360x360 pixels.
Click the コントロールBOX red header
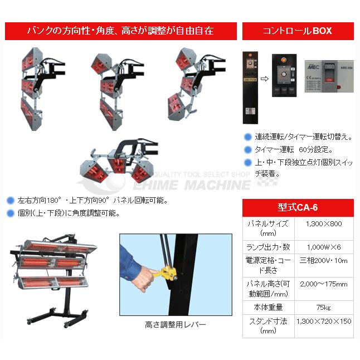[x=298, y=31]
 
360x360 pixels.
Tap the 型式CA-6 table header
[x=298, y=208]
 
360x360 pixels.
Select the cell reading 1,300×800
[x=324, y=223]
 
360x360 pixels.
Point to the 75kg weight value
[x=324, y=307]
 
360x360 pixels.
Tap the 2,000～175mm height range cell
[x=324, y=284]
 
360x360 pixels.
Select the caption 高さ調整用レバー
[x=175, y=324]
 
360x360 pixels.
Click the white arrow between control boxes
[x=264, y=78]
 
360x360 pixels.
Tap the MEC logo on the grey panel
[x=313, y=65]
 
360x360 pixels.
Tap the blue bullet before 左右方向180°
[x=10, y=200]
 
